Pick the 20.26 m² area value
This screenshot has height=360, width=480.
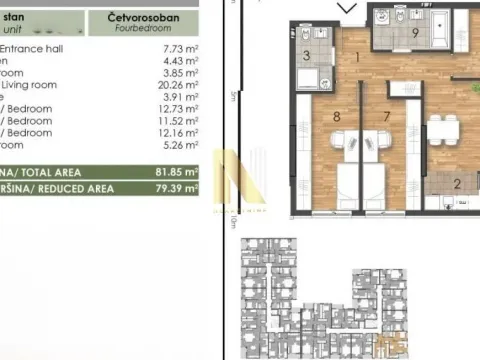(174, 85)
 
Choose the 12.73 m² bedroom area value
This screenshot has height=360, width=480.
(174, 109)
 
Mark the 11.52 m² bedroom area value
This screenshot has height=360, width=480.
(174, 121)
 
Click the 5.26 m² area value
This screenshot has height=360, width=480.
(176, 145)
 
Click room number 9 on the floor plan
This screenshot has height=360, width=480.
(414, 32)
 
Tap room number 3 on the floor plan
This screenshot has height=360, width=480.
(306, 55)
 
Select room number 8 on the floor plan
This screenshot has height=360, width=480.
(336, 116)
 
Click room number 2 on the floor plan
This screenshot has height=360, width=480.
(457, 183)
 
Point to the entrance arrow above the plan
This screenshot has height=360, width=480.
(347, 9)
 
